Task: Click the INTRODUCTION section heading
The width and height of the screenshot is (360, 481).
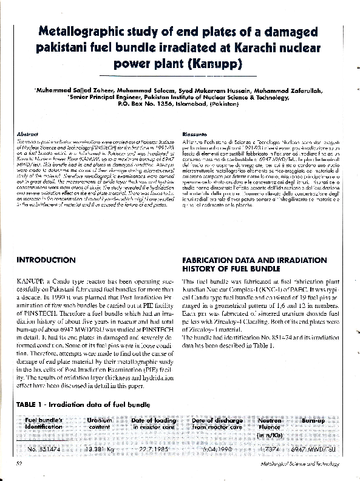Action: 46,259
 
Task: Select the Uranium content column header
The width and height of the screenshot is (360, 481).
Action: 100,423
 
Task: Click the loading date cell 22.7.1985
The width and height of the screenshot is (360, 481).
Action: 154,449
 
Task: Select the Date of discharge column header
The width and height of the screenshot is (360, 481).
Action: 217,423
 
